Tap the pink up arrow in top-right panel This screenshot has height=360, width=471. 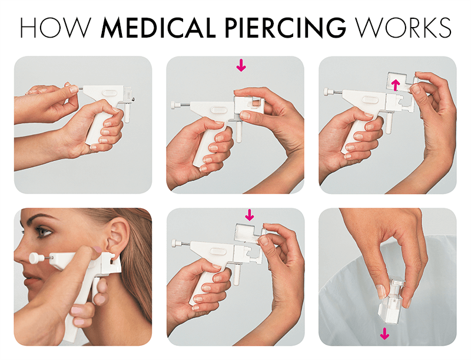click(x=396, y=84)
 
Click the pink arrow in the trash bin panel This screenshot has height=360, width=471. click(x=384, y=334)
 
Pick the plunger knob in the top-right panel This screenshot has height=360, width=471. click(x=327, y=92)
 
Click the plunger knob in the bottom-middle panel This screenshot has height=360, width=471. click(x=175, y=242)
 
